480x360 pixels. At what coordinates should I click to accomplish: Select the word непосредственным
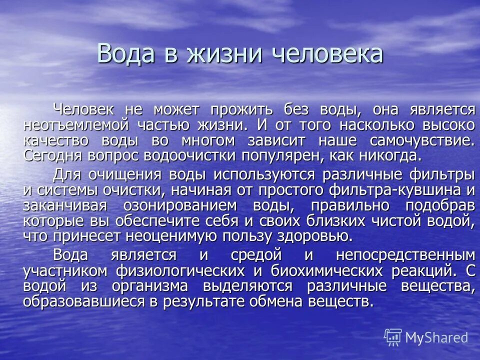coord(404,255)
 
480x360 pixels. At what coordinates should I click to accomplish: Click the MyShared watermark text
coord(435,337)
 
